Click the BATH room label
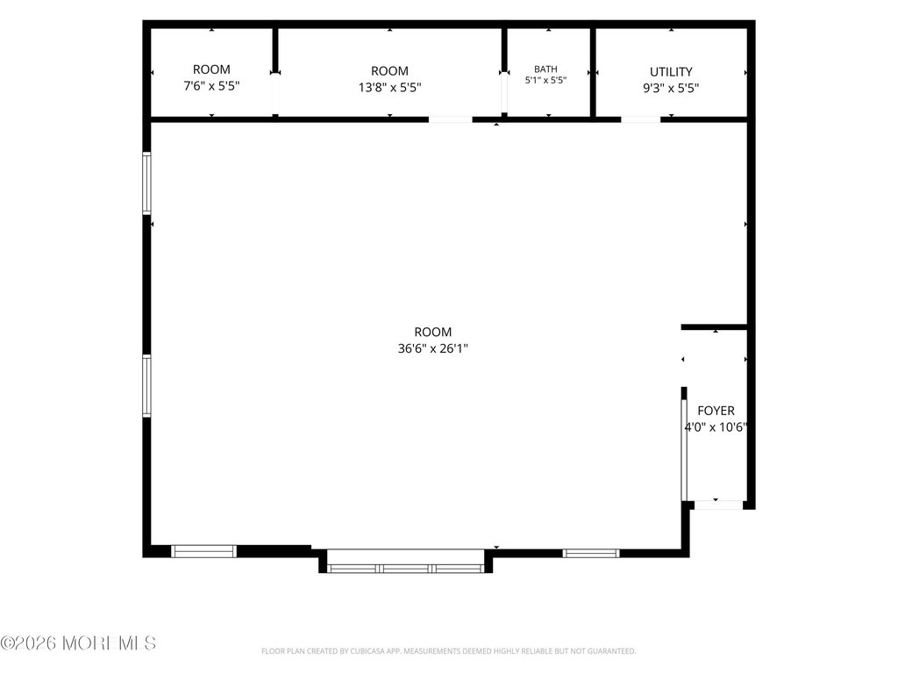(x=545, y=68)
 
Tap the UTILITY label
(x=671, y=72)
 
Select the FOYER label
(x=716, y=411)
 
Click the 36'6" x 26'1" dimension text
(x=433, y=348)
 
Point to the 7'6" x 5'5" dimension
(x=211, y=86)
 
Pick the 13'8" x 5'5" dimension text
(x=390, y=88)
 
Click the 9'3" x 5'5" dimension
(x=671, y=89)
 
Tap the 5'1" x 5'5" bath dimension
(x=545, y=80)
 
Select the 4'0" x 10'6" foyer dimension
(x=716, y=427)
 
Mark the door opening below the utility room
(x=640, y=119)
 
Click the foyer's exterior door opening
(x=719, y=505)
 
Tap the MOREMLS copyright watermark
(x=78, y=643)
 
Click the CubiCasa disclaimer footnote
(x=448, y=651)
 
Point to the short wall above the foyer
(x=714, y=327)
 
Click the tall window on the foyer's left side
(x=684, y=449)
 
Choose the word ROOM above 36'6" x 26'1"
(x=433, y=332)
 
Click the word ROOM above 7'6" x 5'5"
(x=211, y=69)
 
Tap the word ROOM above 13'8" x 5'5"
(x=390, y=71)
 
